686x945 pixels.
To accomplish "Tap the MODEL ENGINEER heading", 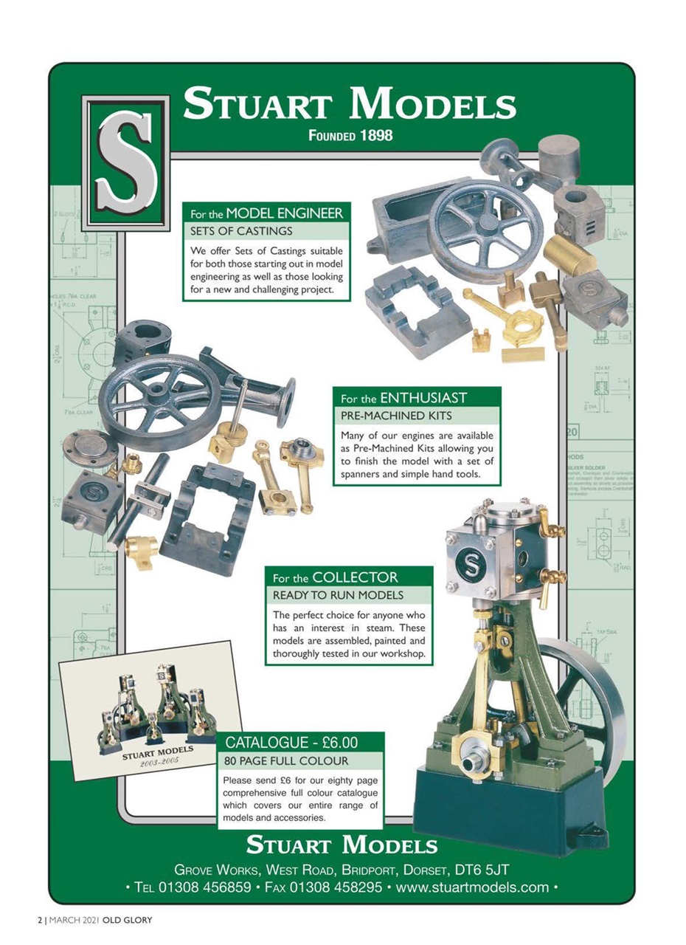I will (x=284, y=213).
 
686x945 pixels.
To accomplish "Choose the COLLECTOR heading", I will (x=356, y=577).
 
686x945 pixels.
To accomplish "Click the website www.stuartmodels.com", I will (x=472, y=887).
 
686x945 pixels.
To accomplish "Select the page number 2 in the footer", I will (x=40, y=921).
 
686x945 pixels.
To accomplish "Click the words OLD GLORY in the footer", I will (x=127, y=921).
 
